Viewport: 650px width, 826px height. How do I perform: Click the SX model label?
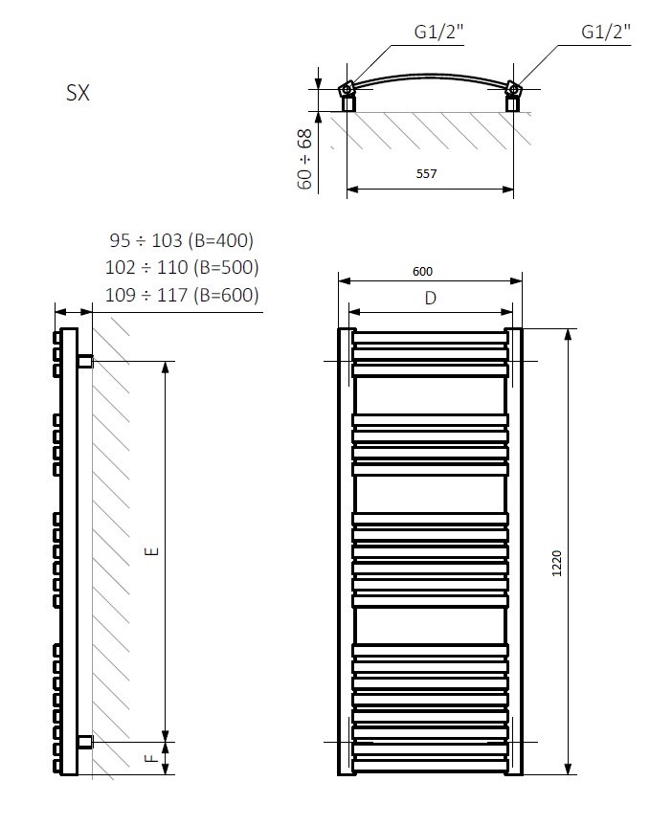77,95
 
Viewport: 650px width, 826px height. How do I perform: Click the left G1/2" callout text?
438,33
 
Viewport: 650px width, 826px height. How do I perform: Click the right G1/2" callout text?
606,33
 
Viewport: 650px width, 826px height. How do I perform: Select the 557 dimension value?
427,174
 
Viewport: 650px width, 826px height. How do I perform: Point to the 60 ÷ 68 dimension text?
304,158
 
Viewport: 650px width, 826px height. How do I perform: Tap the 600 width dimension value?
422,271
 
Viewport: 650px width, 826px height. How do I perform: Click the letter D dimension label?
430,299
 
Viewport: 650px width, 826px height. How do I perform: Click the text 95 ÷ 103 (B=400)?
182,240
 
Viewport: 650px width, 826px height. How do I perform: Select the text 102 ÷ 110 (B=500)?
182,267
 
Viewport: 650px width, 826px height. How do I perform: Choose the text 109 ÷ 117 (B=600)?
182,295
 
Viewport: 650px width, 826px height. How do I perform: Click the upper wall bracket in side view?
84,361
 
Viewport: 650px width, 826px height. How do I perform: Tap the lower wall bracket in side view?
84,742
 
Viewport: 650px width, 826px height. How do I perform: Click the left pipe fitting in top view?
347,93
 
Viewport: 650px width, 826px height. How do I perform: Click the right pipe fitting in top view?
515,93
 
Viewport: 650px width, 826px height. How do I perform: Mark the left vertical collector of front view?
344,552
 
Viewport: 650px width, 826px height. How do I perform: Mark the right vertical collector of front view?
515,552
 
